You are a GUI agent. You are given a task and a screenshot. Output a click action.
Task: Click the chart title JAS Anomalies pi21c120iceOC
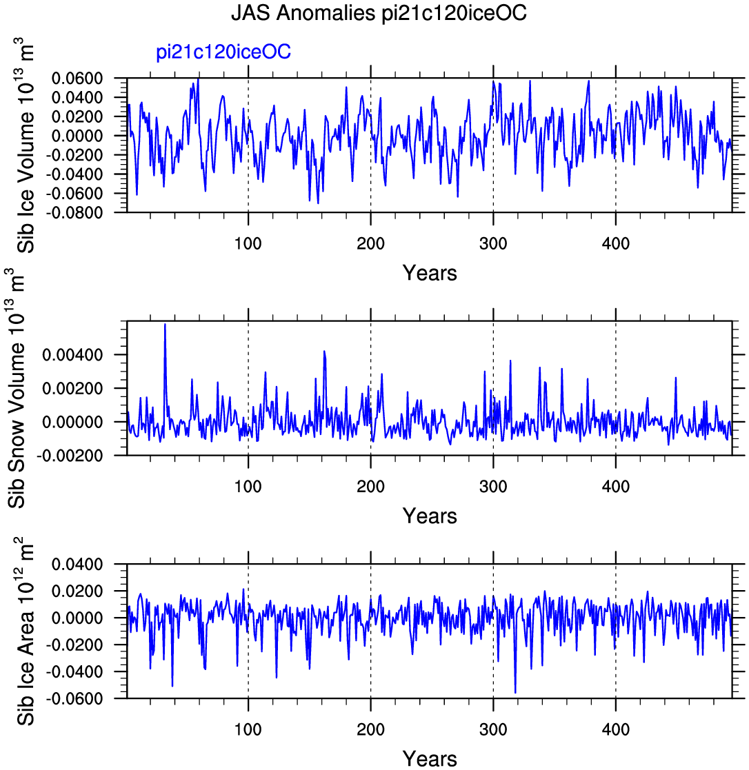[379, 13]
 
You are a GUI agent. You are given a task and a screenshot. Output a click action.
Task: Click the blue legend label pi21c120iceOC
[223, 52]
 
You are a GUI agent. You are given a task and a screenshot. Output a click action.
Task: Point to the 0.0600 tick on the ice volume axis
[77, 78]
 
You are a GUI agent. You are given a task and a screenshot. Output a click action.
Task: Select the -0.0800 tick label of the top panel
[74, 212]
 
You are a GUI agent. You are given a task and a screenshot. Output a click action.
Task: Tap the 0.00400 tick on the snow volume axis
[72, 354]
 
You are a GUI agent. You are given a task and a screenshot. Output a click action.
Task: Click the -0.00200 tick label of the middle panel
[70, 456]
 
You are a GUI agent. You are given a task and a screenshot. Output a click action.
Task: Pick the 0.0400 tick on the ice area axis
[77, 565]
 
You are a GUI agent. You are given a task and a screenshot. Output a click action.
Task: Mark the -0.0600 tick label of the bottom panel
[74, 698]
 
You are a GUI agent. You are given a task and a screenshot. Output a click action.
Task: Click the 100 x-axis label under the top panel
[248, 243]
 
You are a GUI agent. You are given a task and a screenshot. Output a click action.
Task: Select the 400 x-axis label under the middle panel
[616, 486]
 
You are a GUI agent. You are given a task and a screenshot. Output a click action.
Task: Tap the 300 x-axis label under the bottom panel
[493, 729]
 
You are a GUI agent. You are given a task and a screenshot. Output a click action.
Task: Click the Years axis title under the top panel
[430, 272]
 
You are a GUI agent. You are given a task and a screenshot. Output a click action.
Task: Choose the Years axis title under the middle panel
[430, 516]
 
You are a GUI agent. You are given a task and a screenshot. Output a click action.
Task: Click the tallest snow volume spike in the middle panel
[165, 325]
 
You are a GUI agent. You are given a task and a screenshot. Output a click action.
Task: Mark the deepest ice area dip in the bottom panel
[515, 692]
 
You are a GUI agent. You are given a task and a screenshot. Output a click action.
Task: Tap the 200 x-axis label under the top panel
[370, 243]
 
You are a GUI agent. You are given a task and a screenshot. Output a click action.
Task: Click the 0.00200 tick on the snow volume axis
[72, 388]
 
